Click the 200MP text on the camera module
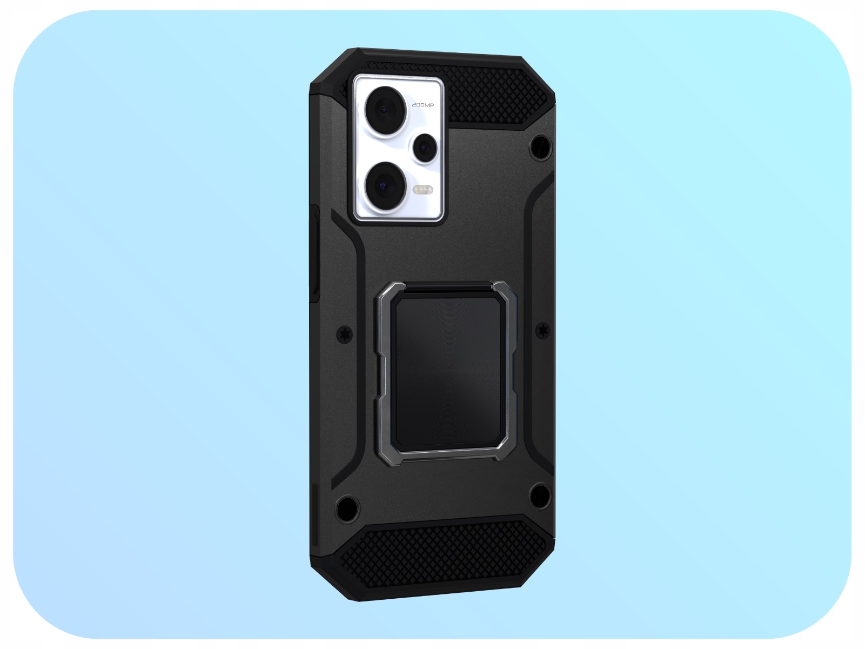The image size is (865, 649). click(x=423, y=105)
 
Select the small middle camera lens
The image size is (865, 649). click(x=425, y=148)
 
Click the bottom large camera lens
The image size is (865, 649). click(x=384, y=185)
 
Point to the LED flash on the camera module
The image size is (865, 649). click(x=423, y=190)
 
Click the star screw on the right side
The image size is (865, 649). click(x=543, y=330)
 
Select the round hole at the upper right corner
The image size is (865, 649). click(x=541, y=148)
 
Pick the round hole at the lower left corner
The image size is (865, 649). click(x=347, y=509)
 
